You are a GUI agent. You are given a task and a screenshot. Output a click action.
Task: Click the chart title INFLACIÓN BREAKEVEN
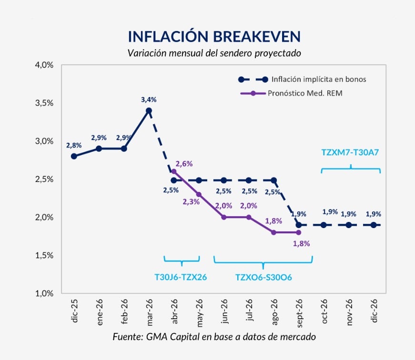coord(214,37)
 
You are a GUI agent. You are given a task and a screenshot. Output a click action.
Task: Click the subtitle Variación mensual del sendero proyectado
coord(214,53)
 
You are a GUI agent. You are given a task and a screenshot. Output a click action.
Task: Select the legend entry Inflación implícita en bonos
coord(318,80)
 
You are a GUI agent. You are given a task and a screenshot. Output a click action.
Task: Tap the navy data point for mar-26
coord(149,110)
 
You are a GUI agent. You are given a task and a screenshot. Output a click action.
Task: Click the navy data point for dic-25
coord(74,156)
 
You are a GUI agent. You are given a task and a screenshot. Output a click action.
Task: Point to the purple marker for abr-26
coord(173,171)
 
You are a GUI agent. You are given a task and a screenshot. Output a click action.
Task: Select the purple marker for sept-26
coord(298,232)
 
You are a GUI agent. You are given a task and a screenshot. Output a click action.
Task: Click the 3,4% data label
coord(149,100)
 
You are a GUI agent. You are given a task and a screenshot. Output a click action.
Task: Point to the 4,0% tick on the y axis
coord(44,65)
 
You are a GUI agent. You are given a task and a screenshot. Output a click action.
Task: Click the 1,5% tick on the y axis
coord(44,255)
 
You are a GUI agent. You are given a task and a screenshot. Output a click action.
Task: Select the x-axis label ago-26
coord(273,312)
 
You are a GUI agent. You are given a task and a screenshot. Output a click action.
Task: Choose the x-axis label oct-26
coord(324,312)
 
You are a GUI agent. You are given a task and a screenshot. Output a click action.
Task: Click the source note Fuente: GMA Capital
coord(214,337)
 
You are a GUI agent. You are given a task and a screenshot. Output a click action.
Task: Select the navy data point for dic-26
coord(374,225)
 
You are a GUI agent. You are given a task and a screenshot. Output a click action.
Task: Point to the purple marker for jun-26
coord(223,217)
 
